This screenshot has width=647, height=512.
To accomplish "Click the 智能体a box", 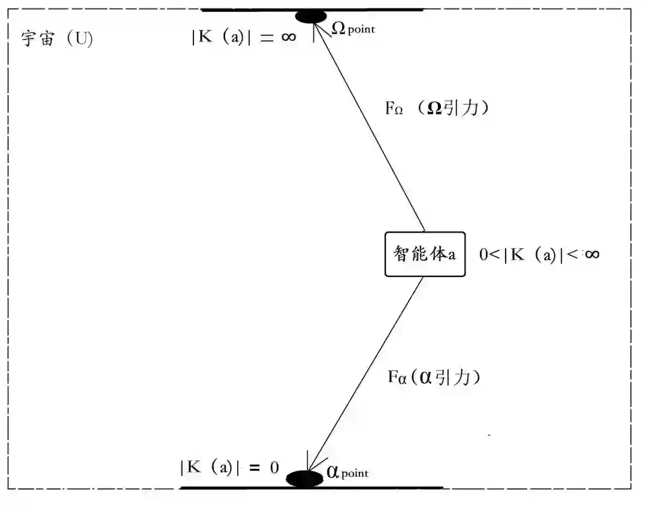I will tap(425, 254).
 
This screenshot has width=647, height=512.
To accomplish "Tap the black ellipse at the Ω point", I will tap(310, 16).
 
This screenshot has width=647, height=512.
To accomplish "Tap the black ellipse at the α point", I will tap(304, 478).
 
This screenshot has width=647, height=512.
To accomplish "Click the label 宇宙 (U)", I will tap(57, 40).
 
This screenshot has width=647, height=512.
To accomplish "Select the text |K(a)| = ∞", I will tap(243, 37).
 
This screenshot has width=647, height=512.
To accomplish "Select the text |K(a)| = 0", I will tap(229, 468).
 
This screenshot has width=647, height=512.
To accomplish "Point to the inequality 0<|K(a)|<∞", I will tap(539, 254).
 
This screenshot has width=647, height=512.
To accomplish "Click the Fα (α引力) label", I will tap(434, 377).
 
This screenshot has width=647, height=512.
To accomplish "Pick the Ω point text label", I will tap(354, 28).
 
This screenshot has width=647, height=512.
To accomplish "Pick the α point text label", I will tap(347, 472).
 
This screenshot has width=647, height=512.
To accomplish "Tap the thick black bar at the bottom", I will tap(389, 487).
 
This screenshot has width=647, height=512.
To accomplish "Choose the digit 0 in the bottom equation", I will tap(274, 468).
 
